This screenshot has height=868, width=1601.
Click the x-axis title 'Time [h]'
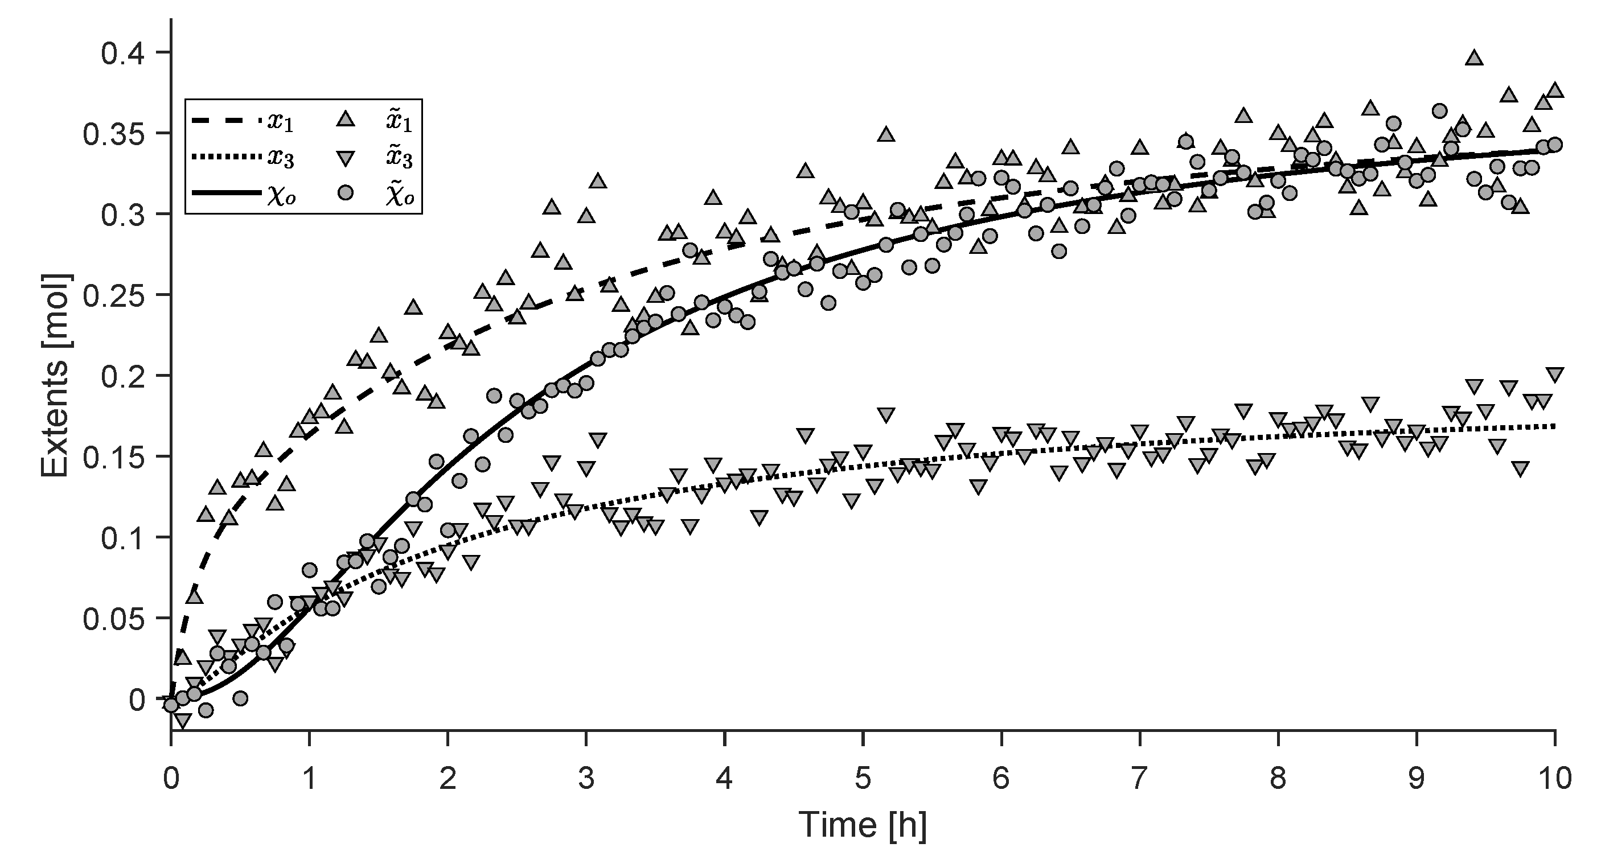[x=862, y=825]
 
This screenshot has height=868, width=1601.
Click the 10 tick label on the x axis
[x=1553, y=778]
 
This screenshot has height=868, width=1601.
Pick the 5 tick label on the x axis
[x=862, y=778]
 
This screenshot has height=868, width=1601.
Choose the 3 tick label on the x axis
[x=585, y=778]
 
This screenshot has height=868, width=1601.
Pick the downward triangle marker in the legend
[x=346, y=157]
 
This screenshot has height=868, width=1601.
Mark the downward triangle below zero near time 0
[x=182, y=720]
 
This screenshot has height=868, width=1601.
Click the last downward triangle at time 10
[x=1554, y=375]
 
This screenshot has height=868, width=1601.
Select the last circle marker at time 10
[x=1554, y=145]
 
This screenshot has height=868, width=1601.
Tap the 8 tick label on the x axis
[x=1277, y=778]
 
